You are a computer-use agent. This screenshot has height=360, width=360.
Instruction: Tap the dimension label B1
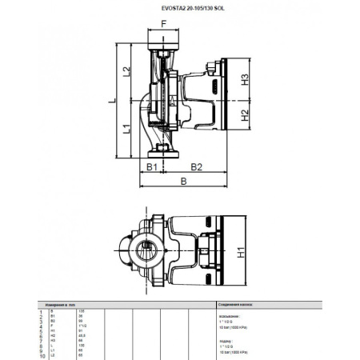pos(150,166)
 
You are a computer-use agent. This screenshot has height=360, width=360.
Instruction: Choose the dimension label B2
pos(197,166)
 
